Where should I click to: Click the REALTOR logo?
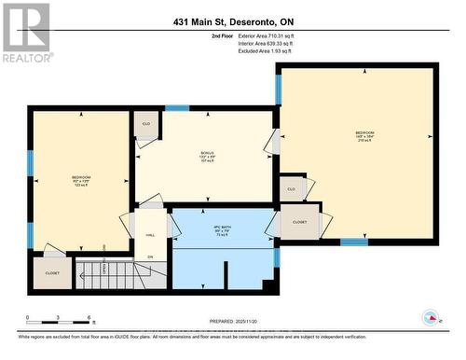pyautogui.click(x=25, y=32)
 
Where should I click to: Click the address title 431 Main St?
pyautogui.click(x=232, y=22)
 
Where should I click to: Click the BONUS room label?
pyautogui.click(x=207, y=154)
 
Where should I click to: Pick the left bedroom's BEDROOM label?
pyautogui.click(x=81, y=177)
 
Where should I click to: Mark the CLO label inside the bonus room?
pyautogui.click(x=146, y=124)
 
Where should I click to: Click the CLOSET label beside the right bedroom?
pyautogui.click(x=299, y=223)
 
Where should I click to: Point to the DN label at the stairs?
pyautogui.click(x=149, y=256)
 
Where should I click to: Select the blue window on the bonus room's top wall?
pyautogui.click(x=177, y=108)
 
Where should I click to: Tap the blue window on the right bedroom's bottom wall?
pyautogui.click(x=353, y=242)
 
